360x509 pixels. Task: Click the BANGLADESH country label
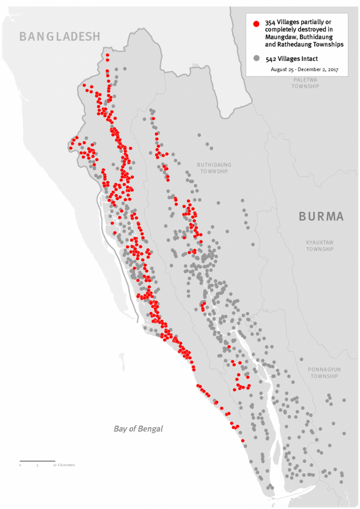60,37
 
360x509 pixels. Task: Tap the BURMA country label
321,216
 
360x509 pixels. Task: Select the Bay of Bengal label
138,429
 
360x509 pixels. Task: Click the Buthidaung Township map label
214,168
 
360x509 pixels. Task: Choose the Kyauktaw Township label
320,246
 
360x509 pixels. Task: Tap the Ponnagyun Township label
324,373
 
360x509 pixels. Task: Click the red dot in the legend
256,24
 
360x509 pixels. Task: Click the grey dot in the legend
256,59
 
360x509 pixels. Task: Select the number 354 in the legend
271,22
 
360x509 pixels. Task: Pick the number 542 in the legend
271,59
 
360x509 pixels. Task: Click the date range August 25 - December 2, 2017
305,70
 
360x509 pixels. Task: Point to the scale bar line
37,461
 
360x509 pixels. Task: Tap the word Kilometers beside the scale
66,465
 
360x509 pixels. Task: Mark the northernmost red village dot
107,55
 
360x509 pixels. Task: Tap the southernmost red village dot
242,440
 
